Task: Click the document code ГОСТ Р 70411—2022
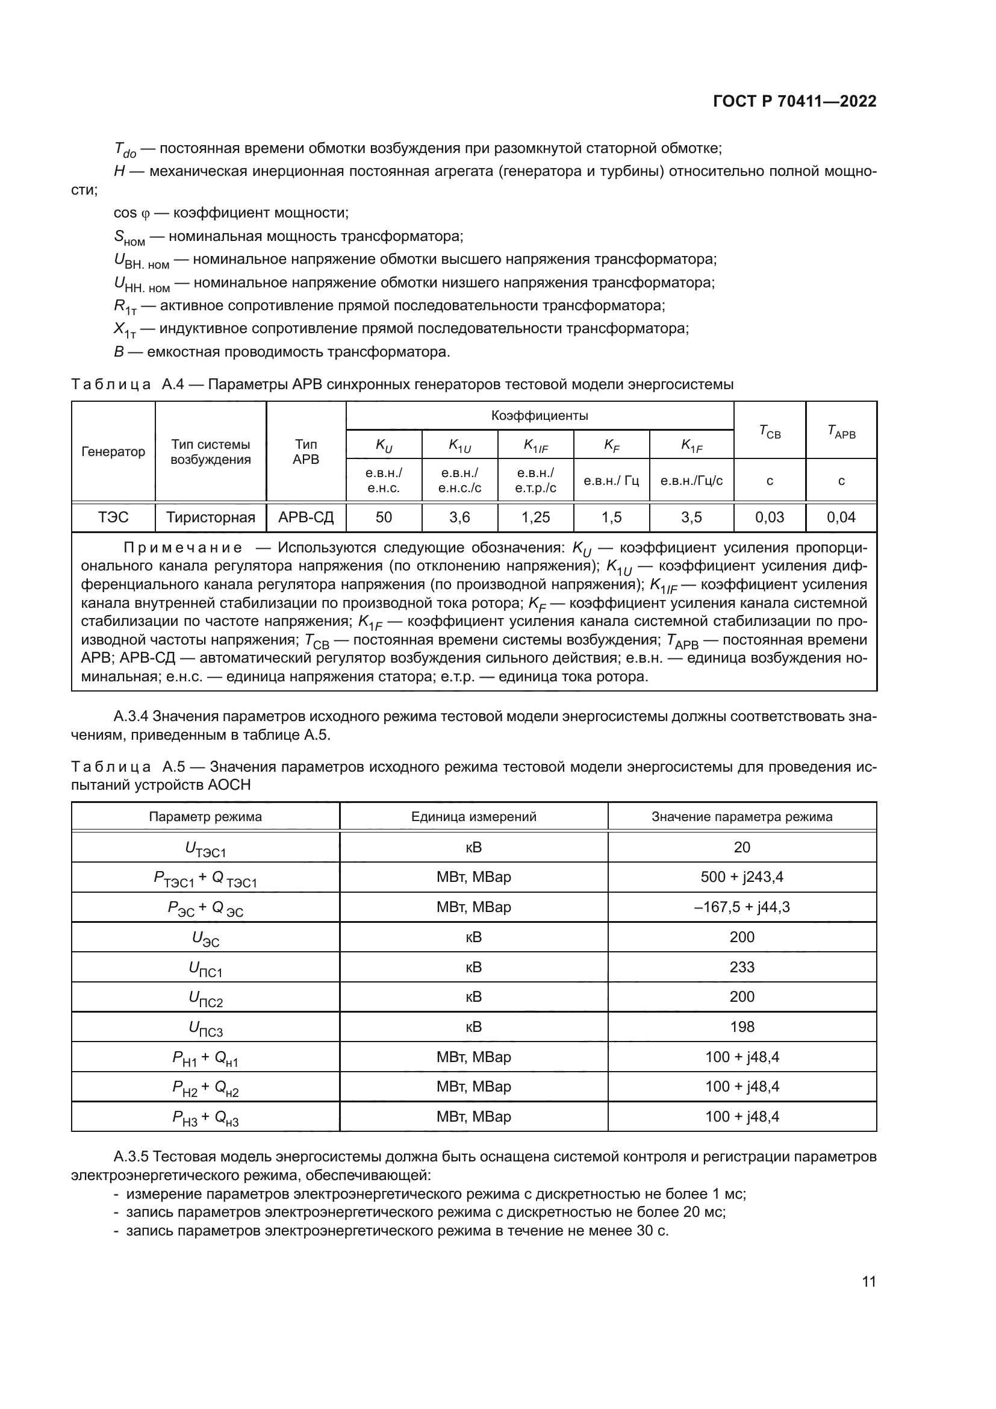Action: pos(794,101)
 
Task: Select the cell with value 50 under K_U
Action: pos(384,517)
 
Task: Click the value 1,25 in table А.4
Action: pos(535,517)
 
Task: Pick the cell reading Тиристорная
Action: pos(210,517)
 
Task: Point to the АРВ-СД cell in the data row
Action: pos(306,517)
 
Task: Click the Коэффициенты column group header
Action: pos(539,416)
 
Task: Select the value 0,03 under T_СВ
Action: pos(769,517)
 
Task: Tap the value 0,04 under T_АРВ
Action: pos(841,517)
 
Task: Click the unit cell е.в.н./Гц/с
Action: pos(691,481)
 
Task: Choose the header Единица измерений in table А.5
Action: pos(473,816)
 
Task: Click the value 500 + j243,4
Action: pos(741,876)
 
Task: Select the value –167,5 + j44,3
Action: pos(741,907)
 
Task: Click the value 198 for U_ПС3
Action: pos(741,1026)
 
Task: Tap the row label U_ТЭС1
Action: pos(205,849)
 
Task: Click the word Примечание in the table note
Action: pos(182,548)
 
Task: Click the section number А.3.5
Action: pos(131,1157)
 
